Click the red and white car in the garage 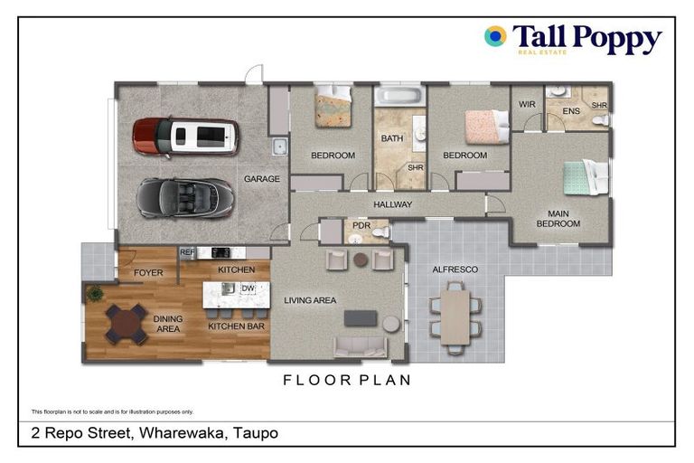pos(185,137)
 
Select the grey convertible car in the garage pos(185,197)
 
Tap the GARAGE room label pos(261,179)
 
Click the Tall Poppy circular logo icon pos(495,37)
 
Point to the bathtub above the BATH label pos(398,96)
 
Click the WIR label pos(527,105)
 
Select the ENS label pos(571,111)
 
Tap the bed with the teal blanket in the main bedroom pos(583,177)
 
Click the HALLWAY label pos(392,205)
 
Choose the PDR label pos(361,225)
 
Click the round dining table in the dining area pos(126,324)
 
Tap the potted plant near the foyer pos(94,294)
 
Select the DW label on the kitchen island pos(247,288)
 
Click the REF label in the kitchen pos(187,253)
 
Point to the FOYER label pos(148,272)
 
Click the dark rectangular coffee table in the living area pos(360,318)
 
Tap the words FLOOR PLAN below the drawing pos(347,381)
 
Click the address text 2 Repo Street pos(77,433)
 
